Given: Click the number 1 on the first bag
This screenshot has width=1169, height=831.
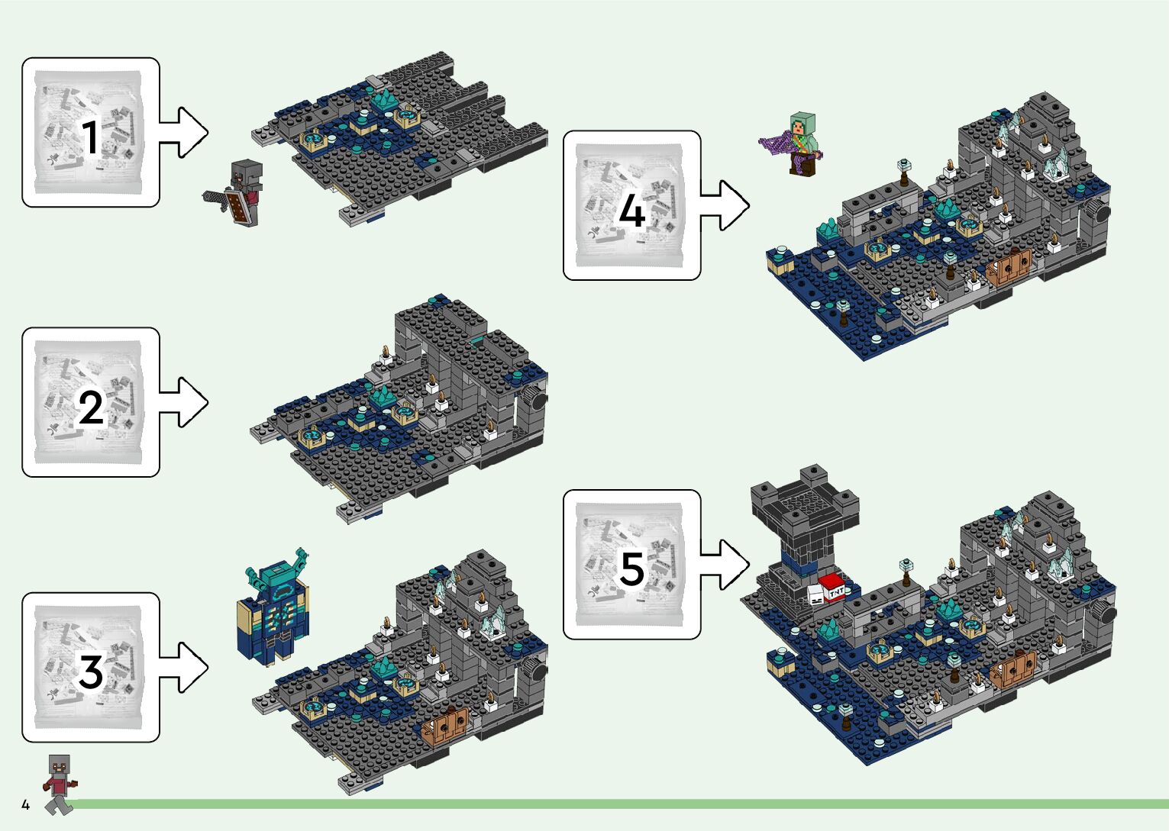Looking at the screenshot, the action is tap(90, 138).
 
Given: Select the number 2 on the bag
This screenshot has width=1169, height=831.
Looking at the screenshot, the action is tap(91, 407).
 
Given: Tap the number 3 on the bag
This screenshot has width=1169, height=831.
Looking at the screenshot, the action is tap(90, 672).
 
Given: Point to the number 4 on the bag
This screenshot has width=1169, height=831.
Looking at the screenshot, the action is tap(631, 211).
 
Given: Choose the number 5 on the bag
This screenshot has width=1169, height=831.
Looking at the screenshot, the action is tap(631, 569).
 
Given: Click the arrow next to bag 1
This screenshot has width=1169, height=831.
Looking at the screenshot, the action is tap(184, 132).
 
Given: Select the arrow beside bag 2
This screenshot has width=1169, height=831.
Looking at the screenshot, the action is tap(184, 402).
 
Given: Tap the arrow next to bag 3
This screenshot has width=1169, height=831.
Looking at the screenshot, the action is tap(184, 667).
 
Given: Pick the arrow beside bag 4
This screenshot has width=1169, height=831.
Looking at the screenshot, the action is tap(725, 205).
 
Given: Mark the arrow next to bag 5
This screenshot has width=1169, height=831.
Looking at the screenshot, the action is tap(725, 565).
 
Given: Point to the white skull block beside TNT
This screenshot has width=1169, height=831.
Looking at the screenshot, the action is tap(815, 596).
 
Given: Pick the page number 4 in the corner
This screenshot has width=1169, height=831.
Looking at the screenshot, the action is tap(25, 804).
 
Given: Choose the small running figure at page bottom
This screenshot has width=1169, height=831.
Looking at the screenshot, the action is tap(60, 783).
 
